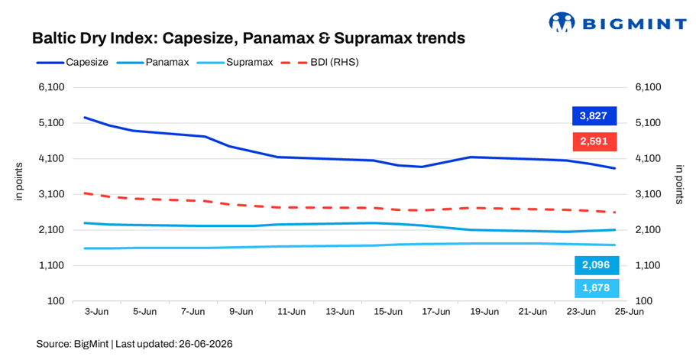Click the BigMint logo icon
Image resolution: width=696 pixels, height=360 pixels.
[562, 22]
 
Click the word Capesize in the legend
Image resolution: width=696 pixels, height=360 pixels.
[87, 62]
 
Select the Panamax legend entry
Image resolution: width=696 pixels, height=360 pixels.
[153, 62]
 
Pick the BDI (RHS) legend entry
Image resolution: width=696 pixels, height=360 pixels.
[319, 62]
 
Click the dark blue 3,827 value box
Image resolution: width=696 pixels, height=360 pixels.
[594, 116]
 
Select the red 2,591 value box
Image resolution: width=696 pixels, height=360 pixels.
[594, 141]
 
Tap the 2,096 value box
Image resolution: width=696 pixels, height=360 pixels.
[596, 265]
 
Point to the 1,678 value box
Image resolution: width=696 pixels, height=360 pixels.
[596, 288]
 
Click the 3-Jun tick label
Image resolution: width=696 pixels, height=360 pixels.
[96, 312]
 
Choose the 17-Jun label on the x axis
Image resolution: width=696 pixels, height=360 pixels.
[436, 312]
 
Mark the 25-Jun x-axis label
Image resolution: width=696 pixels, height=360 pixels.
[629, 312]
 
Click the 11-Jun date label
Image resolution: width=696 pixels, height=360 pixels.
[291, 312]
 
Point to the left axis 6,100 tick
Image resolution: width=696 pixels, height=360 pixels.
[52, 87]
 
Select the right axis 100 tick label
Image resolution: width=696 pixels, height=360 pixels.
[643, 301]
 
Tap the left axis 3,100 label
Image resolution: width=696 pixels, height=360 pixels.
[52, 194]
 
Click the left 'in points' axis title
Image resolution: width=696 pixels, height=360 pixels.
[18, 182]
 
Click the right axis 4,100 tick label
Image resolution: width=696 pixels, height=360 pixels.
[648, 158]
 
